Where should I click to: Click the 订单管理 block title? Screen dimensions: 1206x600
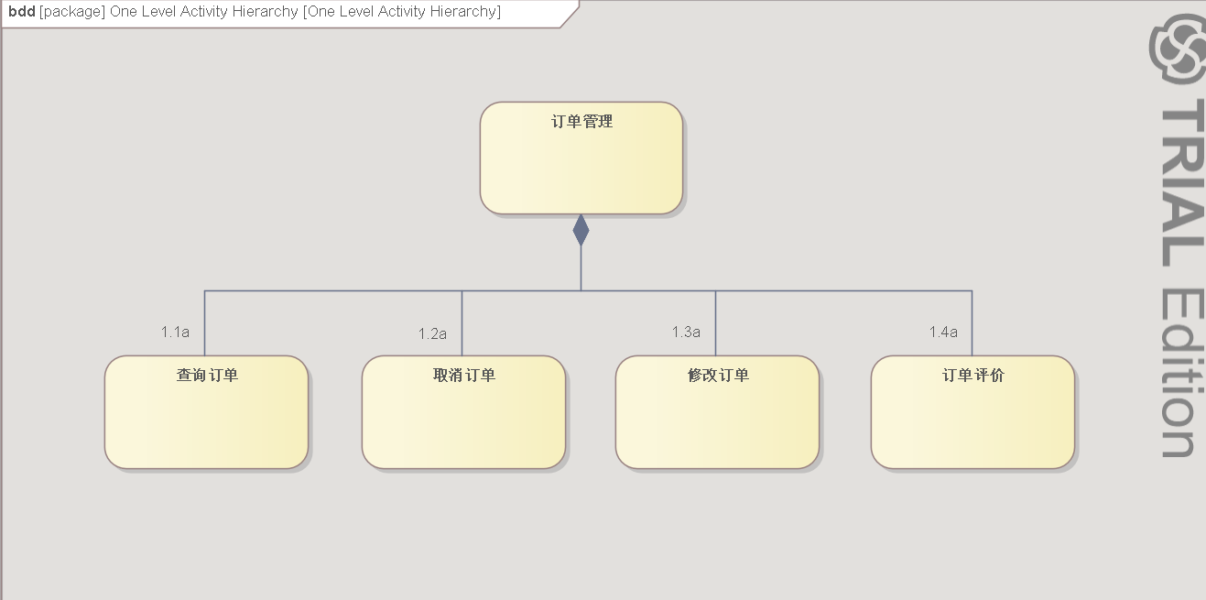pyautogui.click(x=581, y=122)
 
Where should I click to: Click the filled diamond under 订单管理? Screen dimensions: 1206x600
pyautogui.click(x=581, y=230)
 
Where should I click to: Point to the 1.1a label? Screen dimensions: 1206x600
pyautogui.click(x=175, y=332)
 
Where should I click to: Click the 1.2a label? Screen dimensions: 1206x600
pyautogui.click(x=432, y=333)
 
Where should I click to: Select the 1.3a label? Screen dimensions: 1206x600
pyautogui.click(x=686, y=332)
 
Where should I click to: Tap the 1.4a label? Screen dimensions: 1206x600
pyautogui.click(x=943, y=332)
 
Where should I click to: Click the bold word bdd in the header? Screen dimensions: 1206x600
pyautogui.click(x=22, y=12)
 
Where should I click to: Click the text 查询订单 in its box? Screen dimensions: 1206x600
pyautogui.click(x=207, y=375)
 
